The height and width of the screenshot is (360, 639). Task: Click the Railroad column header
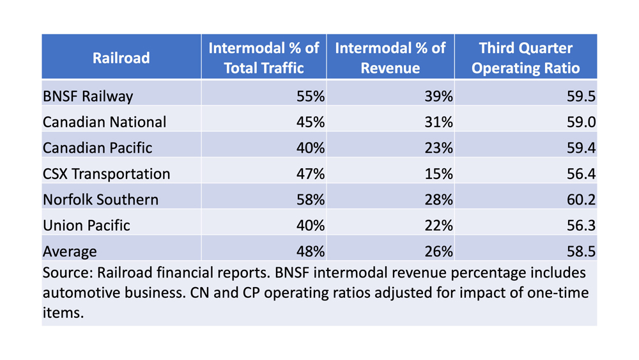[x=121, y=58]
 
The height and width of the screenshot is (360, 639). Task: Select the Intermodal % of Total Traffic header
[x=264, y=58]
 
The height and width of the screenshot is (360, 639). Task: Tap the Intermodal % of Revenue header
[x=390, y=58]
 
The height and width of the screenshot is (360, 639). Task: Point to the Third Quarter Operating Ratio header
[x=525, y=58]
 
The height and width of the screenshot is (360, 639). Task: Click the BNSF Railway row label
[x=88, y=97]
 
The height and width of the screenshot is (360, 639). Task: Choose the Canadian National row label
[x=104, y=122]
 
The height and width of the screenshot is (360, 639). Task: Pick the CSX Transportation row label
[x=106, y=174]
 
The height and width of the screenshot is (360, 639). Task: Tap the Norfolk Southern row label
[x=100, y=200]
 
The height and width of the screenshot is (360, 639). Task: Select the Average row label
[x=70, y=251]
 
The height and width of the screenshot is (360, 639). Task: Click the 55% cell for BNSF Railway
[x=309, y=97]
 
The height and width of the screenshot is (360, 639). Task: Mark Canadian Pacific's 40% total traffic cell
[x=309, y=148]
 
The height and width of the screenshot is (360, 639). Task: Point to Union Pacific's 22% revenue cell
[x=437, y=226]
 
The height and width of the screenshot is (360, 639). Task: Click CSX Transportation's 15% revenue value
[x=437, y=174]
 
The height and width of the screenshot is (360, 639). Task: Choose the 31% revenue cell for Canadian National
[x=437, y=122]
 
